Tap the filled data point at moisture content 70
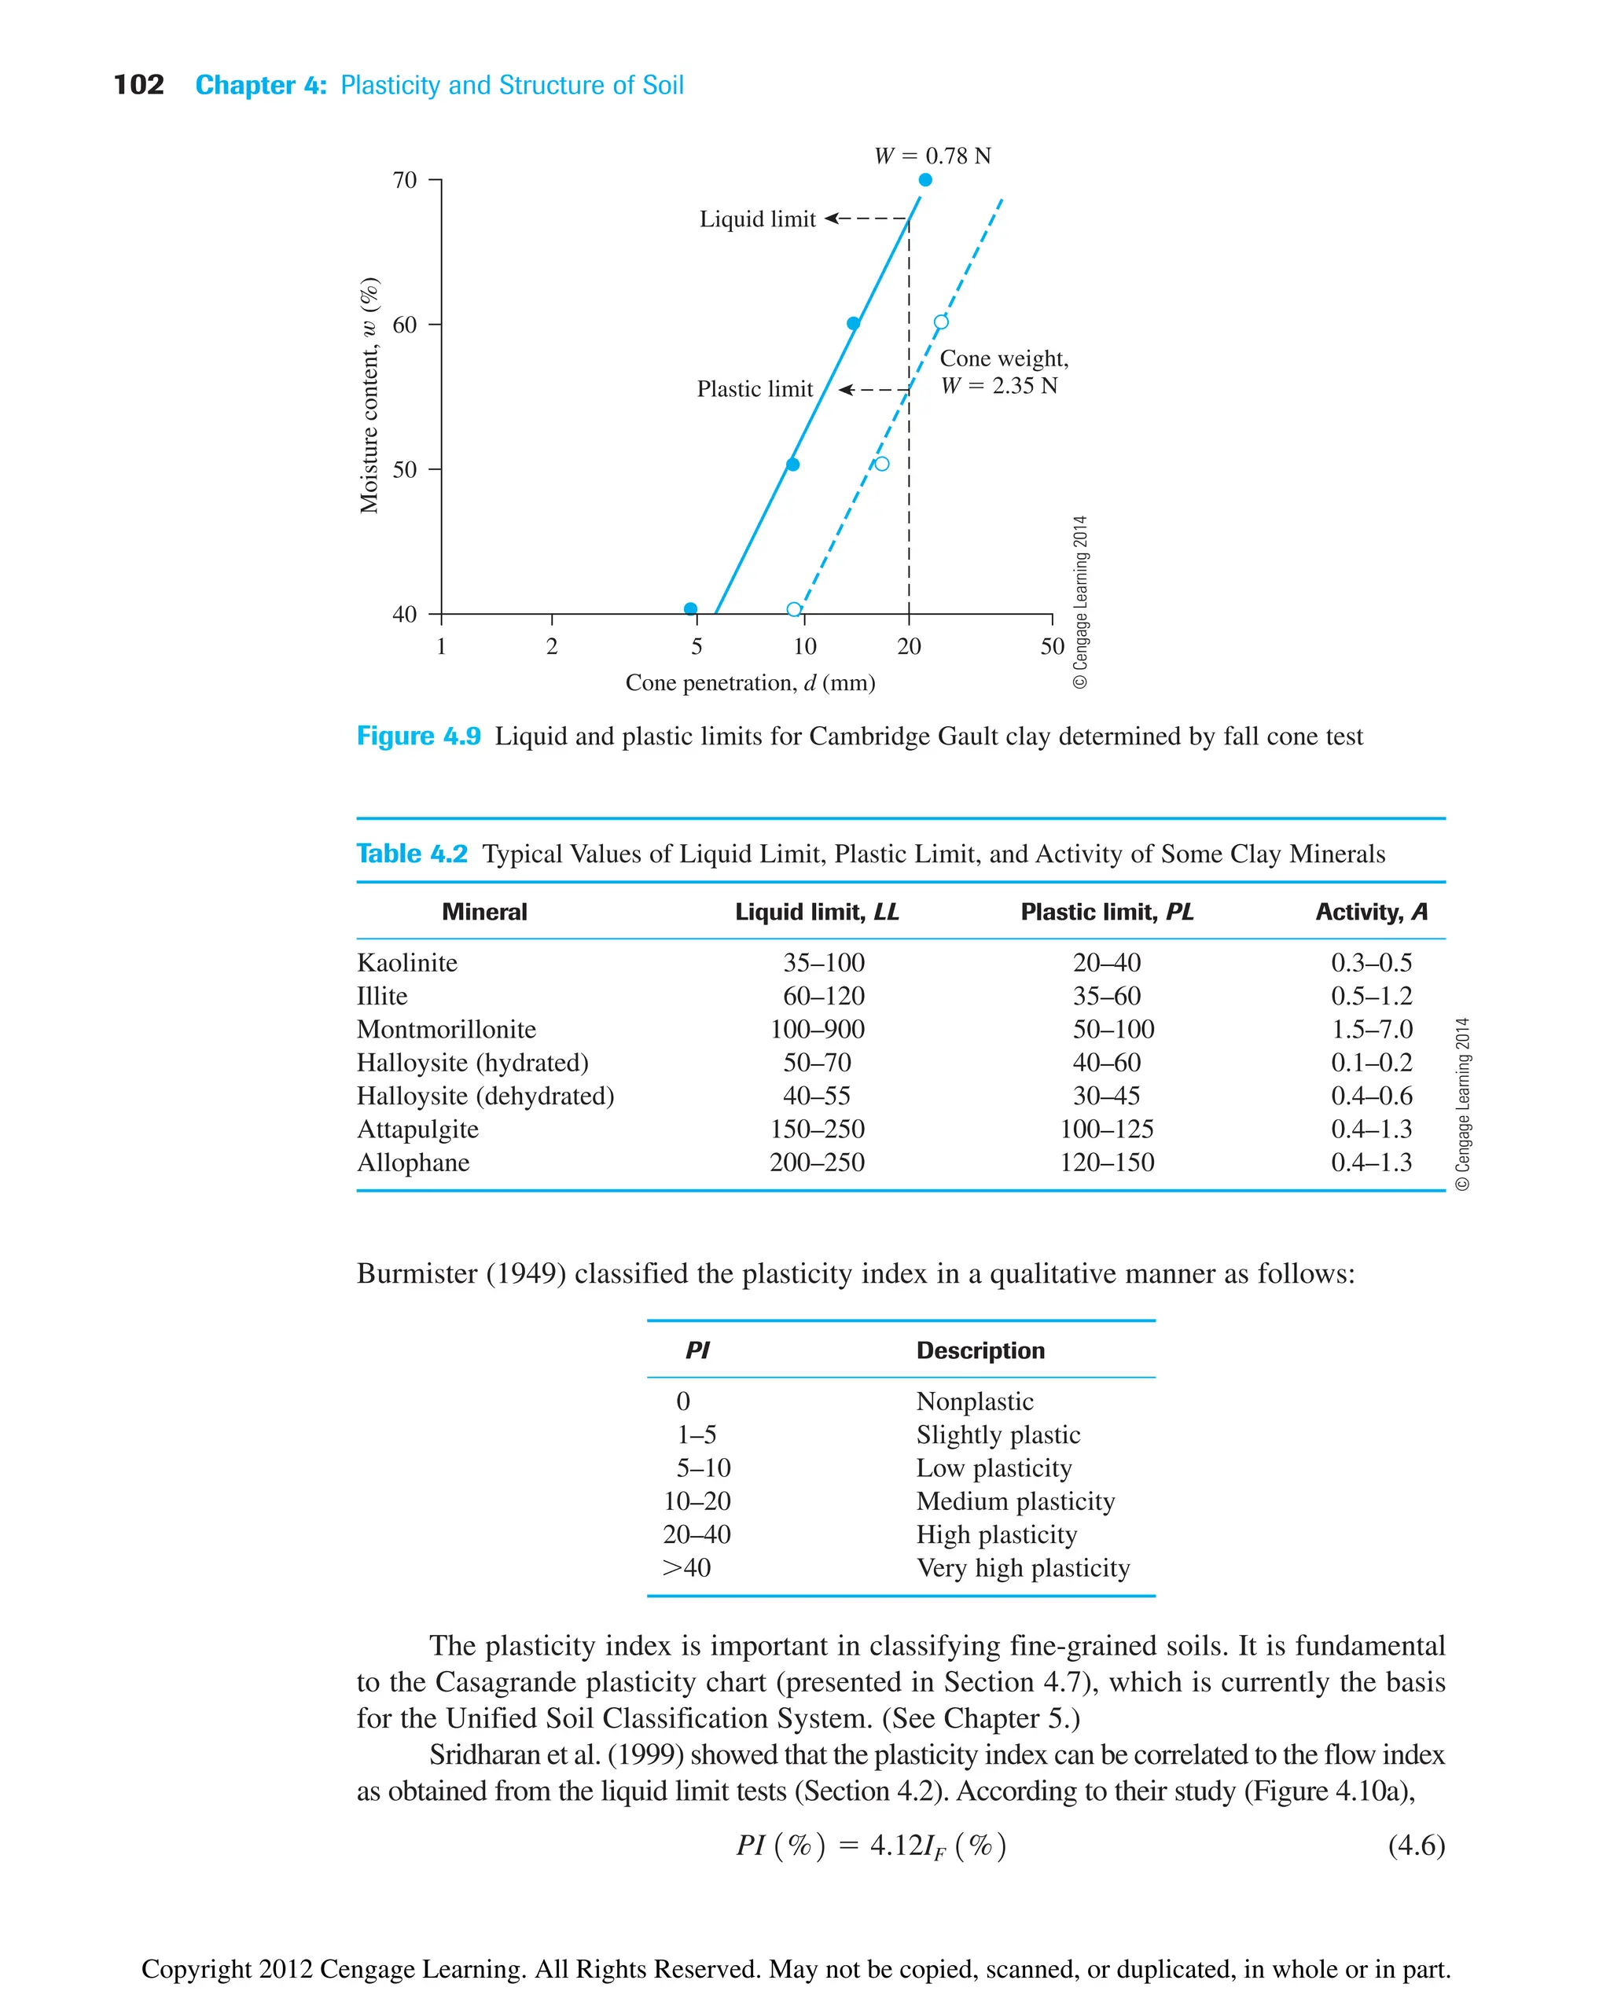click(x=924, y=180)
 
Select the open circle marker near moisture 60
click(x=940, y=321)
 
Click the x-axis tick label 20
click(x=908, y=646)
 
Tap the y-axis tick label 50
click(x=404, y=469)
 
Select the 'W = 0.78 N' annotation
click(x=932, y=156)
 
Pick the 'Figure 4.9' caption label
click(x=418, y=736)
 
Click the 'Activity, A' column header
click(x=1371, y=912)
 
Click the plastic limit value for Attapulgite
click(x=1106, y=1129)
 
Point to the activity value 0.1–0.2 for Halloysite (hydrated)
click(x=1371, y=1062)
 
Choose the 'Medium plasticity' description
click(x=1015, y=1501)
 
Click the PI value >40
click(x=686, y=1567)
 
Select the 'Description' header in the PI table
click(x=980, y=1350)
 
